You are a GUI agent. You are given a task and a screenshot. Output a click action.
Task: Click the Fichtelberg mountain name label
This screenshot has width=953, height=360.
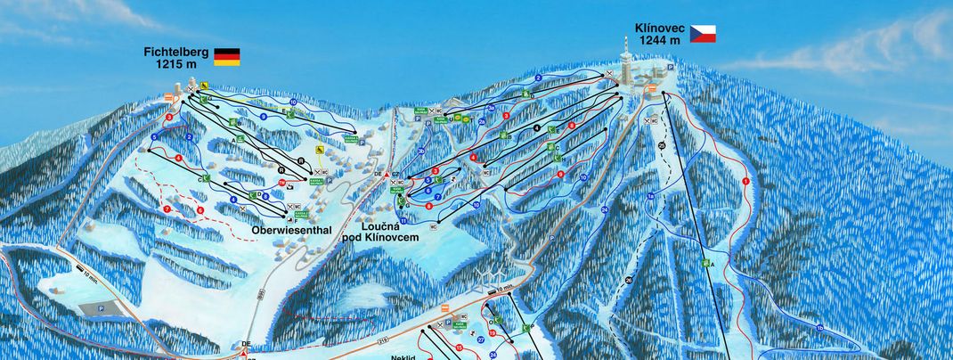pos(175,53)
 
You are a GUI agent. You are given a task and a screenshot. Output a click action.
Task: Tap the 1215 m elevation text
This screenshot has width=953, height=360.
pos(175,64)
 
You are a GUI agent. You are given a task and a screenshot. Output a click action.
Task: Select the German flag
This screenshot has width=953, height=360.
pos(226,58)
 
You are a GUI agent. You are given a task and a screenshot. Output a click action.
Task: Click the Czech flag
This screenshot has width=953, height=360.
pos(702,34)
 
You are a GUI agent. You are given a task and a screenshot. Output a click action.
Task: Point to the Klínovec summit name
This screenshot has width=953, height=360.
pos(659,28)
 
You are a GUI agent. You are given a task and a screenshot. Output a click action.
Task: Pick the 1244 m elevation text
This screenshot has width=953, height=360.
pos(659,39)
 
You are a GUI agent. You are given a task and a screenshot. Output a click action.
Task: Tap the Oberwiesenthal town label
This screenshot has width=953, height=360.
pos(291,230)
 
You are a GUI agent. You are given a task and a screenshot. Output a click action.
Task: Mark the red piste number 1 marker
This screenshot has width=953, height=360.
pos(745,181)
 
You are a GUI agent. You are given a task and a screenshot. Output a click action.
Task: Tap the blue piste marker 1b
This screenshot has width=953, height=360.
pos(819,330)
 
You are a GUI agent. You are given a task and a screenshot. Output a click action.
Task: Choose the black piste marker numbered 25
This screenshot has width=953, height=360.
pos(662,145)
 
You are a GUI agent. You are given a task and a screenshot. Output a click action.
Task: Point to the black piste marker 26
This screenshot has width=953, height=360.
pos(629,281)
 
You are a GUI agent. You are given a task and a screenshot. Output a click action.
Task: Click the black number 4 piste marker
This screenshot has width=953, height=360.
pos(537,128)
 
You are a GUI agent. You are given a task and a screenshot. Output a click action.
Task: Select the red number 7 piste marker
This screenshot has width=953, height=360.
pos(167,209)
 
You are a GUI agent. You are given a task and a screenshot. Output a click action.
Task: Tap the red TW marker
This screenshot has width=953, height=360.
pos(283,183)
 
